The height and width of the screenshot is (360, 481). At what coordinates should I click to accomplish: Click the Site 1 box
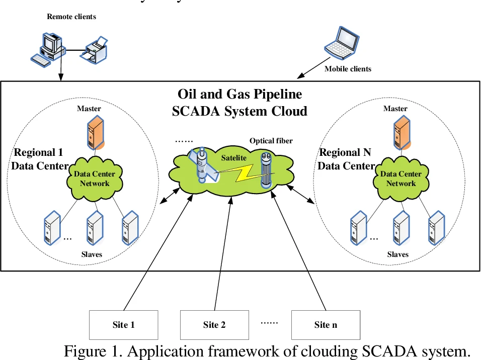click(x=123, y=324)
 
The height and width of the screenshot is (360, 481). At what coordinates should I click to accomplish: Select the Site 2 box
click(x=214, y=324)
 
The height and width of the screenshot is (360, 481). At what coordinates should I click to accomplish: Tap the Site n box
click(x=326, y=324)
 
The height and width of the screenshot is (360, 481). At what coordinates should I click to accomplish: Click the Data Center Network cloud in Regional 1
click(x=95, y=178)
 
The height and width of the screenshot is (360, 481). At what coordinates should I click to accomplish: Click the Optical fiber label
click(x=271, y=141)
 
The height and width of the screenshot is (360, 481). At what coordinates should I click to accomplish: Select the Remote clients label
click(x=71, y=17)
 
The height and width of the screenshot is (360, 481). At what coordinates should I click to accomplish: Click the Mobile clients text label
click(x=348, y=68)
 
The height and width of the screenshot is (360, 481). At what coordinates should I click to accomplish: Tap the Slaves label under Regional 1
click(x=92, y=254)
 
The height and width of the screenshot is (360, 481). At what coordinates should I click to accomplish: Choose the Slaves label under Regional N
click(x=398, y=254)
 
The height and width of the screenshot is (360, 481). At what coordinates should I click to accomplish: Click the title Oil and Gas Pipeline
click(x=239, y=94)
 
